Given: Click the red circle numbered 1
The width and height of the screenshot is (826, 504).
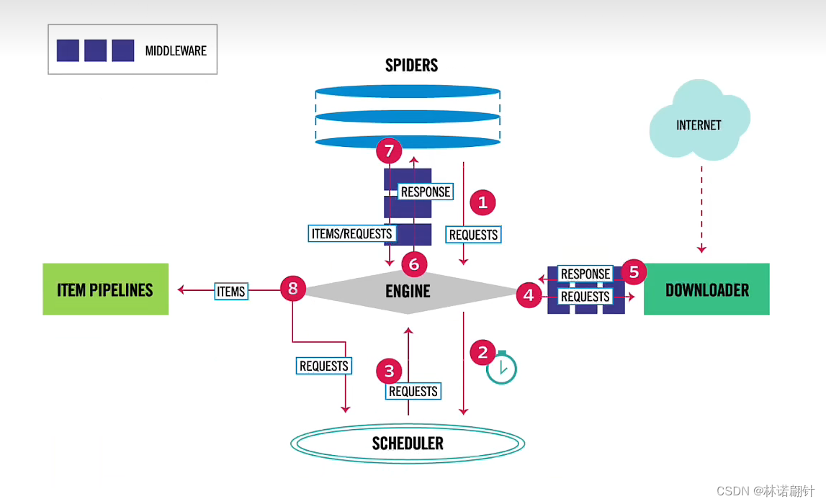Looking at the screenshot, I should tap(482, 202).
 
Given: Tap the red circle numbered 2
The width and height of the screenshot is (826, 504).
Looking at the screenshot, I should tap(482, 352).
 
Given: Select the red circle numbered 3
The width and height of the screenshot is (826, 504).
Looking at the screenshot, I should tap(389, 371).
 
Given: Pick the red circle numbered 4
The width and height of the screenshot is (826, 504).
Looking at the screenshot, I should tap(529, 295).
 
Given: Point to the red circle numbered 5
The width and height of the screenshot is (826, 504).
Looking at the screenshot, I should tap(634, 271).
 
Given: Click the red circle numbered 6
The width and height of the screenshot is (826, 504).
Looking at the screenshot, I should tap(413, 264).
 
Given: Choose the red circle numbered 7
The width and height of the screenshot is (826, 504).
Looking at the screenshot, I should tap(389, 151).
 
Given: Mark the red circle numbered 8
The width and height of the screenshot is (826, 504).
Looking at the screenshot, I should tap(292, 289).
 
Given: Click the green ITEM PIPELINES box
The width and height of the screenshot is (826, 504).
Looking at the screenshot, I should tap(105, 289).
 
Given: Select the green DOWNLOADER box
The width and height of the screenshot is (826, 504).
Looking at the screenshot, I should tap(706, 289).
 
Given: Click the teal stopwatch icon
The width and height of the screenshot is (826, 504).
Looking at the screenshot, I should tap(502, 369).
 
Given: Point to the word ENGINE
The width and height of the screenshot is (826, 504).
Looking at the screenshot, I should tap(408, 291).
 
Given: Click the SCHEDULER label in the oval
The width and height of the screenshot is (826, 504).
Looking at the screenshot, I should tap(408, 443).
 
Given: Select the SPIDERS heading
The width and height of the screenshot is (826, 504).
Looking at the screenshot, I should tap(411, 66).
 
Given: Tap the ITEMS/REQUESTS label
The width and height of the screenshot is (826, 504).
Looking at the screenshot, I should tap(351, 233).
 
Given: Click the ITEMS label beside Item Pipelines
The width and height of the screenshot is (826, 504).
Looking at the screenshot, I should tap(231, 291).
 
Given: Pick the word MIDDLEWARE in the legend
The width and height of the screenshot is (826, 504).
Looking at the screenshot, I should tap(176, 50).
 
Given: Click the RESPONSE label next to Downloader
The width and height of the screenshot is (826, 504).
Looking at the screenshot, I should tap(585, 274).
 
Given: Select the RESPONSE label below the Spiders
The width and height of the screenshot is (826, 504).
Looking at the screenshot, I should tap(426, 192).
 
